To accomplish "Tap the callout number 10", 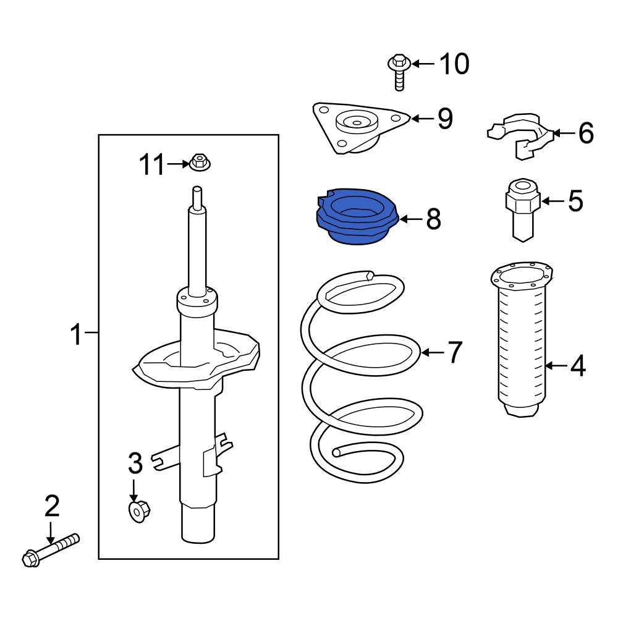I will [x=454, y=64].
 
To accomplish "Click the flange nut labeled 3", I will [x=139, y=510].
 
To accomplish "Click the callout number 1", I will [x=75, y=337].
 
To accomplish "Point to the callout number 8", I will [x=433, y=219].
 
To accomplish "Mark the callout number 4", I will [x=577, y=367].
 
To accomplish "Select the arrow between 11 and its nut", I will [x=178, y=164].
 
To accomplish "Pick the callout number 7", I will [x=454, y=352].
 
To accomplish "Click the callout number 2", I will [x=52, y=506].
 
